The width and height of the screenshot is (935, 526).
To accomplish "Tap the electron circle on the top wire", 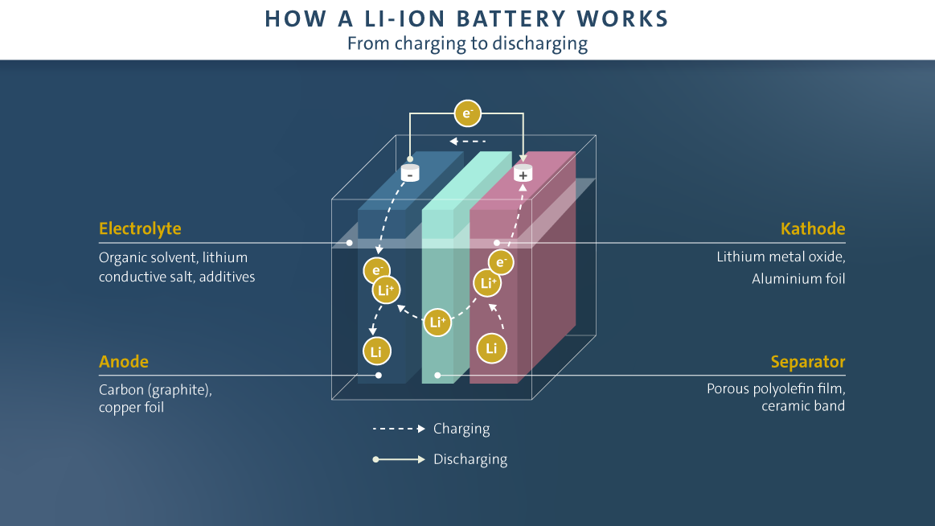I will pyautogui.click(x=467, y=113).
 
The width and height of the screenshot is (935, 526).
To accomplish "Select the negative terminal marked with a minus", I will pyautogui.click(x=410, y=172).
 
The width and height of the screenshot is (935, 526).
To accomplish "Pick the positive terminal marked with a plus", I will pyautogui.click(x=523, y=173).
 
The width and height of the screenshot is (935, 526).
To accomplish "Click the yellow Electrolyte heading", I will pyautogui.click(x=140, y=229).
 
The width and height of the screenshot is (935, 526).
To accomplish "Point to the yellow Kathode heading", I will pyautogui.click(x=813, y=229).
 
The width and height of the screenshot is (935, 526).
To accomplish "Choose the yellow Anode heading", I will pyautogui.click(x=124, y=362).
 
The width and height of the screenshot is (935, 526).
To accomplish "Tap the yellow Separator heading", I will pyautogui.click(x=808, y=362).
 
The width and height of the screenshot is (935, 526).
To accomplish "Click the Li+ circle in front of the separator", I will pyautogui.click(x=437, y=323).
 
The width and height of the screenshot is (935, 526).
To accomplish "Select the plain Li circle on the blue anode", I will pyautogui.click(x=377, y=351).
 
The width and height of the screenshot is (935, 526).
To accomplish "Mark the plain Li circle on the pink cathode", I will pyautogui.click(x=491, y=348).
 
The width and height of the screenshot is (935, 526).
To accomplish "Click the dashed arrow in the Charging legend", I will pyautogui.click(x=399, y=429).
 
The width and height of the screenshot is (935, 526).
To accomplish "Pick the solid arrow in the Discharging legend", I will pyautogui.click(x=399, y=460).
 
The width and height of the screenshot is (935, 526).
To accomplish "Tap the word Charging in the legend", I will pyautogui.click(x=461, y=429).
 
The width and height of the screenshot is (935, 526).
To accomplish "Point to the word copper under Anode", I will pyautogui.click(x=118, y=408).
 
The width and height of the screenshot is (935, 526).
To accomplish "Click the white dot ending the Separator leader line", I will pyautogui.click(x=437, y=375).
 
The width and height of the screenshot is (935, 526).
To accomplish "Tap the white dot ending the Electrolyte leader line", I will pyautogui.click(x=350, y=242).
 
